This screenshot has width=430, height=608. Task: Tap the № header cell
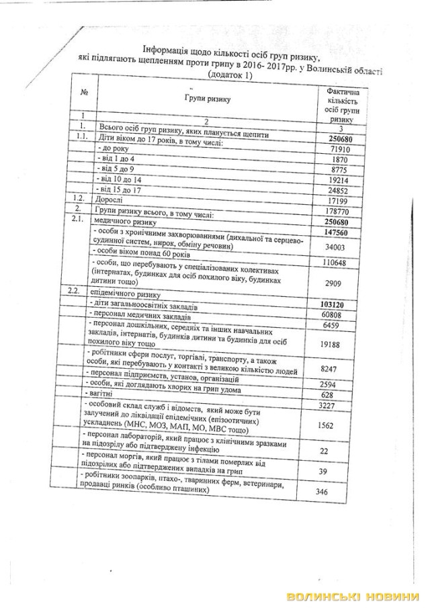[x=85, y=92]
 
